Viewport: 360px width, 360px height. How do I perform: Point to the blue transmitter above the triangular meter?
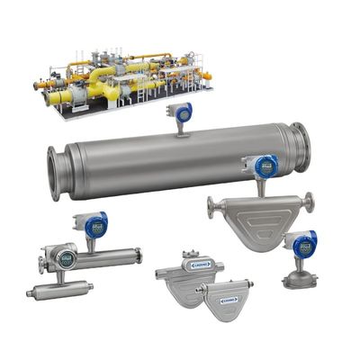click(x=263, y=166)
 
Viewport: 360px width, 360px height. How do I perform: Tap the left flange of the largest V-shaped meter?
click(x=212, y=209)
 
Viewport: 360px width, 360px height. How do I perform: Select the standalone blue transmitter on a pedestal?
click(x=302, y=242)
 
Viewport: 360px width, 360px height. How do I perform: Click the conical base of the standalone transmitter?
click(x=297, y=278)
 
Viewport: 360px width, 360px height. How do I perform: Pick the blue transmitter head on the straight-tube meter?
click(x=94, y=224)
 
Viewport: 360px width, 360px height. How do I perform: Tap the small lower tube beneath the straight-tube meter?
click(x=58, y=290)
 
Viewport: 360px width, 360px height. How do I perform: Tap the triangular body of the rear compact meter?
click(x=176, y=283)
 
